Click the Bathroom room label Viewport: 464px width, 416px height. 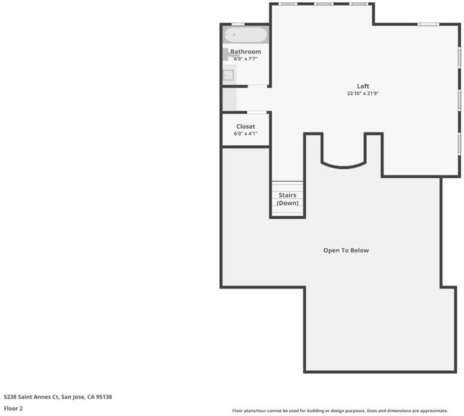click(246, 51)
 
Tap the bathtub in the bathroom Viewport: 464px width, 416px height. click(246, 35)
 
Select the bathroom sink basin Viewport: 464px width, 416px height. click(228, 75)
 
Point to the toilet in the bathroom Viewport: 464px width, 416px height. click(227, 55)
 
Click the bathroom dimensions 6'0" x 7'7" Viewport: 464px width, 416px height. click(246, 59)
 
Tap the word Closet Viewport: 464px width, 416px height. click(246, 126)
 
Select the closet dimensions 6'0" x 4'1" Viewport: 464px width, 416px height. click(246, 134)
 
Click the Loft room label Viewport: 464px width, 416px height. click(363, 86)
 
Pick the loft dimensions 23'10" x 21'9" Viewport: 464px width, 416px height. click(363, 94)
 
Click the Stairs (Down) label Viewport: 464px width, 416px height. click(287, 199)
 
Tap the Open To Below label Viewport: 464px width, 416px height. click(346, 250)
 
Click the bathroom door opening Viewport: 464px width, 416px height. click(257, 86)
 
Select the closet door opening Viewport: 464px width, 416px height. click(257, 112)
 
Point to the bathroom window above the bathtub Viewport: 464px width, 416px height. click(238, 24)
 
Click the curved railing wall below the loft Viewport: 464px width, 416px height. click(344, 166)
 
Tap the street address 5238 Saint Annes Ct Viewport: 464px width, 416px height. click(31, 397)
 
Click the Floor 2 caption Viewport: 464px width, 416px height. click(13, 408)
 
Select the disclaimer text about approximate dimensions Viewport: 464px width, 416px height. click(340, 410)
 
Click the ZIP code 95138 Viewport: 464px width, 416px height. click(104, 397)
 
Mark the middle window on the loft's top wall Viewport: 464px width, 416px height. click(323, 4)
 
